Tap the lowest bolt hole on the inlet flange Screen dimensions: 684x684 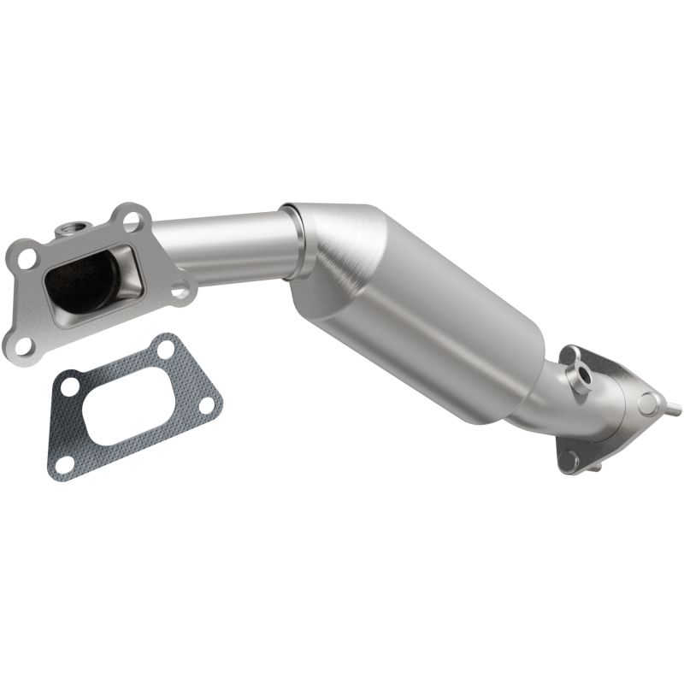click(23, 344)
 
